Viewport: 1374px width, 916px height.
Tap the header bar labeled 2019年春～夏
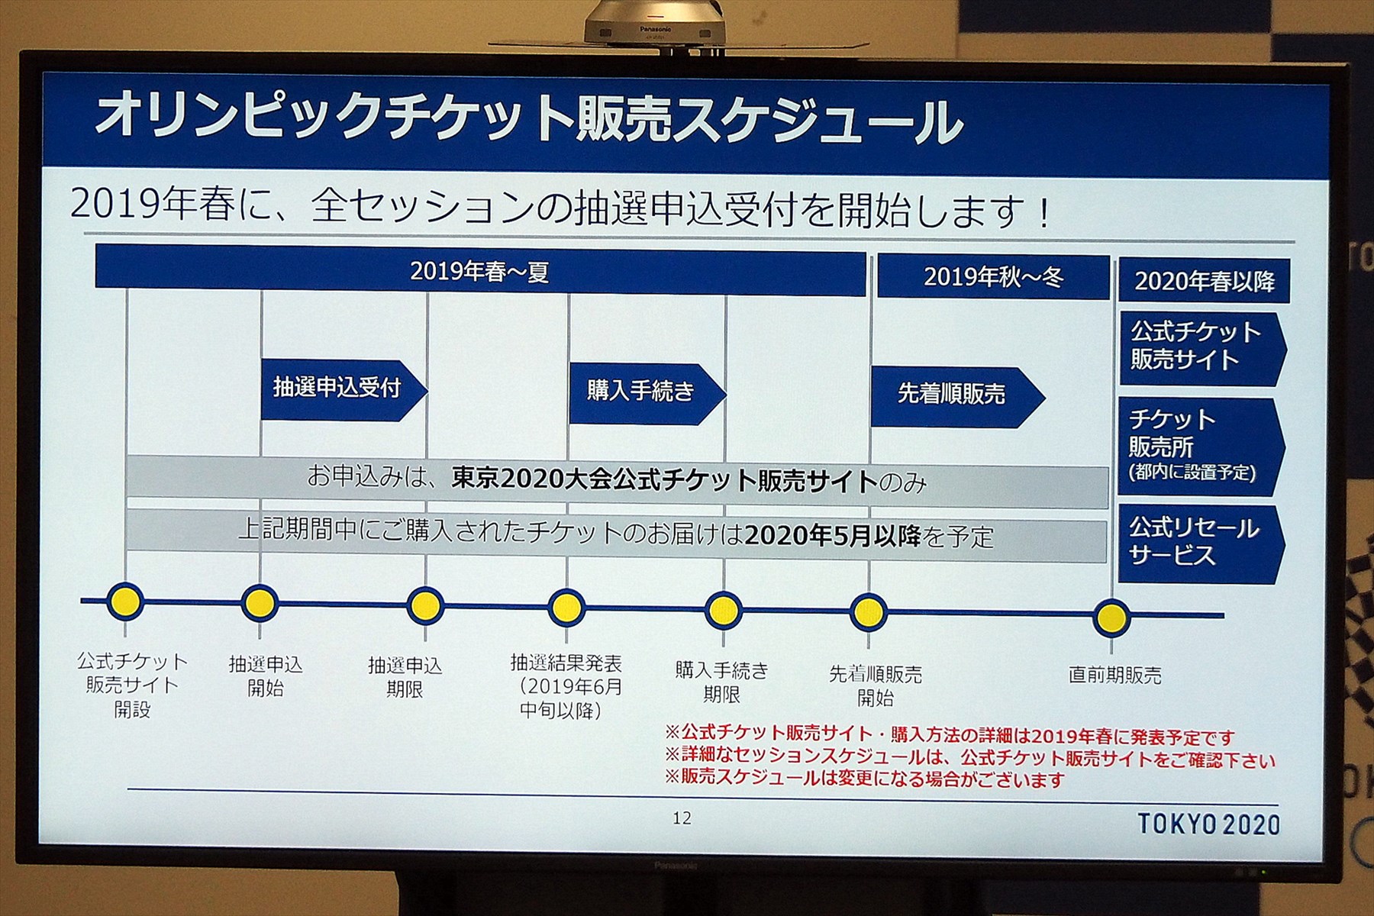click(x=480, y=270)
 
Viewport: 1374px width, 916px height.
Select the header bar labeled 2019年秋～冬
click(x=993, y=276)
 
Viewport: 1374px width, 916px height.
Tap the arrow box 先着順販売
click(x=957, y=396)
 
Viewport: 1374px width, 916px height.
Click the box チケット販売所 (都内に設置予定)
click(x=1201, y=446)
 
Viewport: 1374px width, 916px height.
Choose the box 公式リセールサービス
click(x=1201, y=543)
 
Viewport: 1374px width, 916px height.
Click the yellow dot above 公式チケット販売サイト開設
click(x=125, y=601)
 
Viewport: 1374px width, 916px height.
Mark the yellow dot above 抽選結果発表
click(x=566, y=608)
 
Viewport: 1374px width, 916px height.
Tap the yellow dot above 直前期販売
click(x=1111, y=617)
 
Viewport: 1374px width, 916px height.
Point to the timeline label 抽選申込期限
click(x=405, y=677)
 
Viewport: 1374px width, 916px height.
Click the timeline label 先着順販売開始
click(x=876, y=685)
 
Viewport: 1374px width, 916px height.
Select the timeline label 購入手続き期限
click(x=721, y=682)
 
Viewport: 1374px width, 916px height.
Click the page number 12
click(x=682, y=818)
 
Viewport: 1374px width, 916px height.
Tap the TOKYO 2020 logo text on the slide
click(x=1208, y=824)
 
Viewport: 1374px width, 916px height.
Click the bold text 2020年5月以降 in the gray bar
click(x=833, y=536)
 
